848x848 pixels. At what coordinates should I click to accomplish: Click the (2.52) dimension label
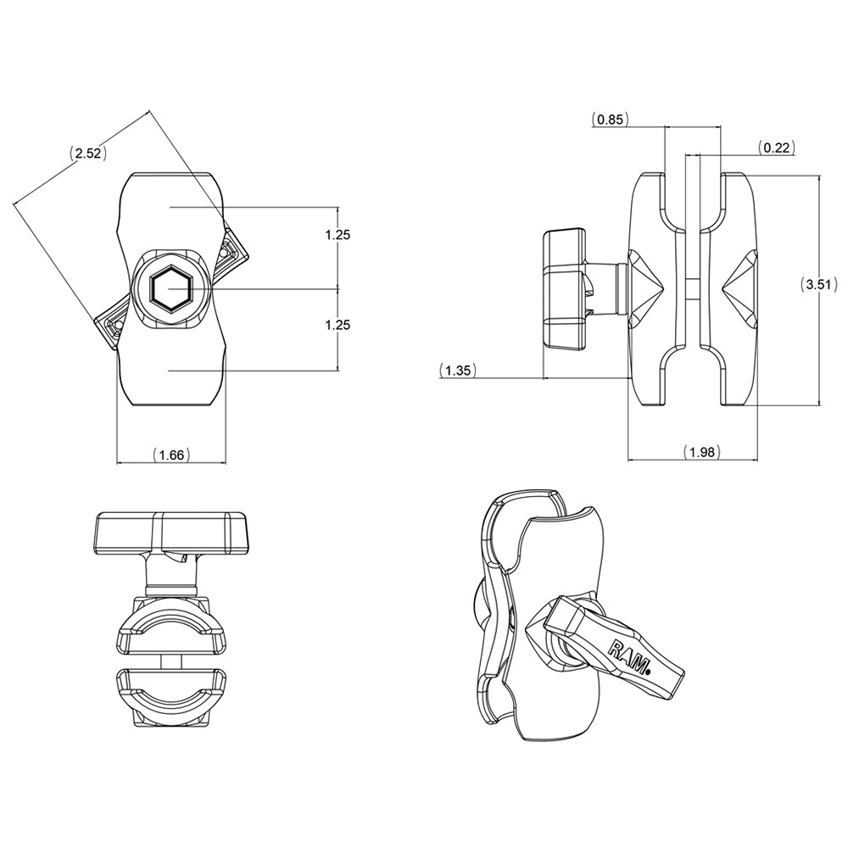click(87, 153)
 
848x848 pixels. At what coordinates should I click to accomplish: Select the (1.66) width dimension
click(171, 455)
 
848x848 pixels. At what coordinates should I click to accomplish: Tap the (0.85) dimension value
click(610, 120)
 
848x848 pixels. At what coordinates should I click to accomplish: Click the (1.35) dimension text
click(458, 370)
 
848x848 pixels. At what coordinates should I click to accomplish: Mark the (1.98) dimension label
click(701, 452)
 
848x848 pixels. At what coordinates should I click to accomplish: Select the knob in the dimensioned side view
click(563, 287)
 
